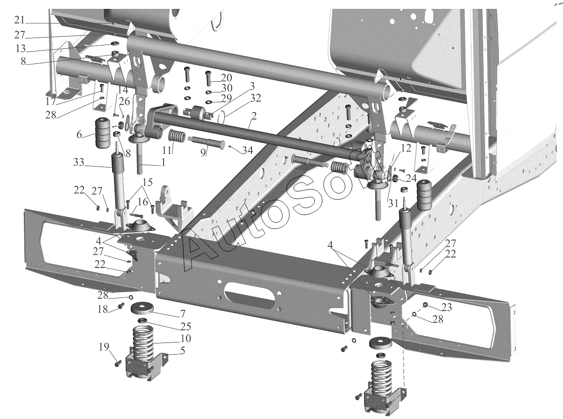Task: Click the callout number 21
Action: pos(19,20)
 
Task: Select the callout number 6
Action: pos(80,135)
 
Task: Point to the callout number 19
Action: pos(104,347)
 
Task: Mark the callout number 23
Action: pos(446,308)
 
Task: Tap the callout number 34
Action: pos(246,150)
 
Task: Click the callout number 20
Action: pos(226,77)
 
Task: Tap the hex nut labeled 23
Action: pos(425,305)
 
